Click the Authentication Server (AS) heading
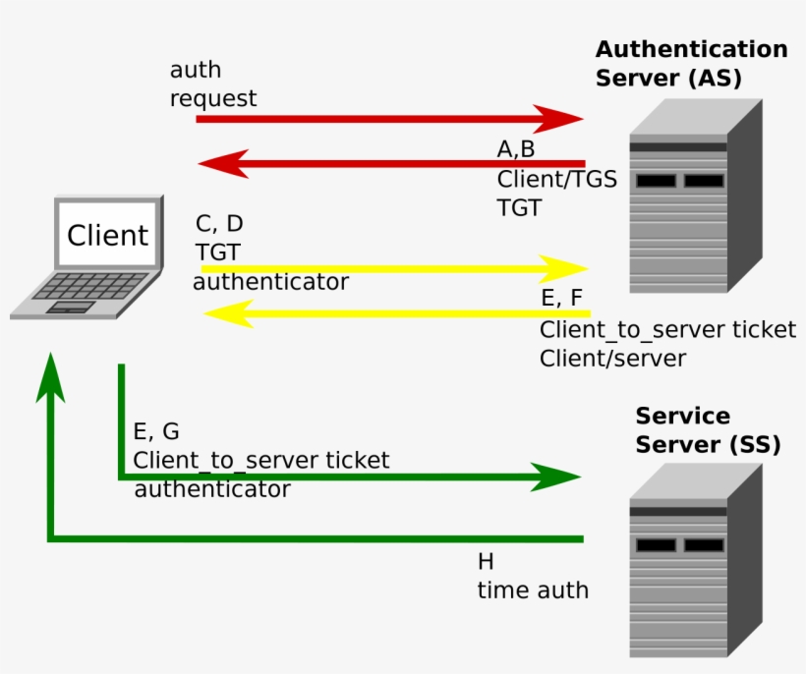coord(691,63)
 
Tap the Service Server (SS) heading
coord(708,429)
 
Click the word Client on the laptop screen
coord(107,236)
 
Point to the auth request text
coord(212,84)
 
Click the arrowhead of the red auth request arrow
coord(560,119)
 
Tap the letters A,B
coord(516,149)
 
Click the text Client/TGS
coord(556,179)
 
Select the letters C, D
coord(219,223)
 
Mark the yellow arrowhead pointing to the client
coord(225,313)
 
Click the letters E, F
coord(561,299)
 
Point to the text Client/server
coord(611,359)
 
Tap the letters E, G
coord(156,432)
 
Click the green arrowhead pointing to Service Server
coord(557,477)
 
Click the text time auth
coord(533,590)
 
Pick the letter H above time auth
coord(486,562)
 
